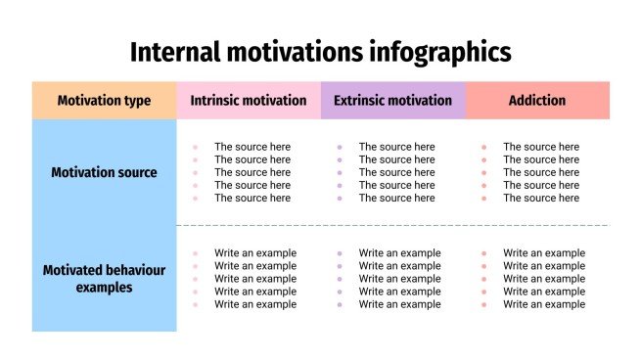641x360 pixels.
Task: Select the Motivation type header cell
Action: [104, 100]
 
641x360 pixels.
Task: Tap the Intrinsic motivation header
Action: [249, 100]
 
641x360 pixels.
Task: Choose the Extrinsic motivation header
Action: [392, 100]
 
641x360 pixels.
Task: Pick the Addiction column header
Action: [537, 100]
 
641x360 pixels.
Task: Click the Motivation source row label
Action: [104, 172]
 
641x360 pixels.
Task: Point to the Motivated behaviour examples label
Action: [104, 279]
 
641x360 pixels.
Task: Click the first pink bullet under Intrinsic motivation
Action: [195, 147]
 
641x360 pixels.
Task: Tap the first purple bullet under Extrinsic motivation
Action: [339, 147]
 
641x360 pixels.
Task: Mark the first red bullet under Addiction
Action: [483, 147]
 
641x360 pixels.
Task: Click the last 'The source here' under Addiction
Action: [541, 198]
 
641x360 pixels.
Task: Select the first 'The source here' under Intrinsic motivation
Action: [252, 147]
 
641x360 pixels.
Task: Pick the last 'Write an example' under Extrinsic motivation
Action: [399, 304]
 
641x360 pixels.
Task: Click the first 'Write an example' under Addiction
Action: [544, 253]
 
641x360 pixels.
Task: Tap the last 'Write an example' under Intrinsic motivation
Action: [255, 304]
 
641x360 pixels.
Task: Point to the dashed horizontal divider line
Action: [391, 226]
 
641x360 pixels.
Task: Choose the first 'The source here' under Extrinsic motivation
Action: [396, 147]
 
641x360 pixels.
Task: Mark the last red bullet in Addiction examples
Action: [483, 304]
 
